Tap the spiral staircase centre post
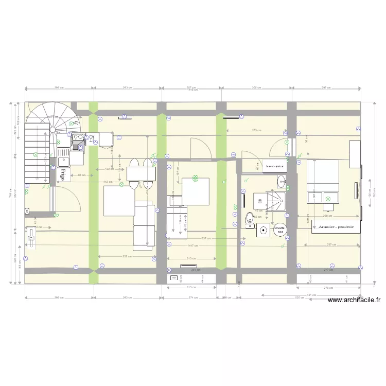pyautogui.click(x=52, y=129)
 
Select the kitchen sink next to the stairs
pyautogui.click(x=63, y=153)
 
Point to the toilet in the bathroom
pyautogui.click(x=250, y=218)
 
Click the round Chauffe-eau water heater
pyautogui.click(x=279, y=229)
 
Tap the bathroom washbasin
pyautogui.click(x=281, y=181)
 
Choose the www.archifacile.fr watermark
pyautogui.click(x=354, y=301)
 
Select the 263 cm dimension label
pyautogui.click(x=255, y=130)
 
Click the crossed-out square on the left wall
pyautogui.click(x=27, y=210)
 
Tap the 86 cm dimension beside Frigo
pyautogui.click(x=81, y=176)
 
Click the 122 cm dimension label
pyautogui.click(x=109, y=169)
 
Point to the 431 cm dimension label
pyautogui.click(x=311, y=295)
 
